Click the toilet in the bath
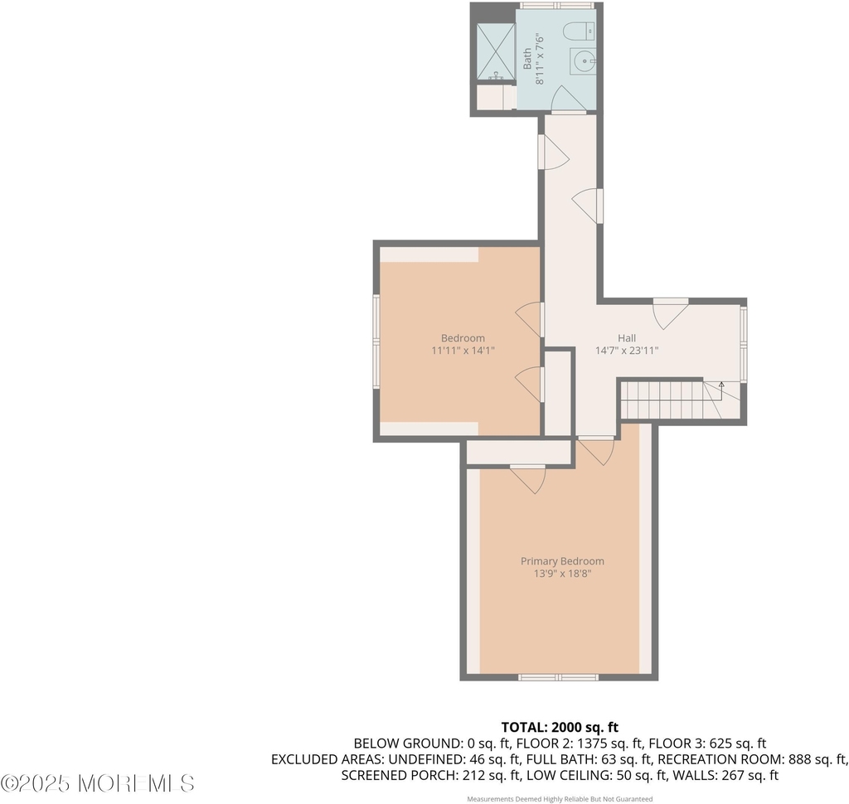580,31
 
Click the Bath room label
527,59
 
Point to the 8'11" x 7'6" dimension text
539,59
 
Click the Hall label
627,338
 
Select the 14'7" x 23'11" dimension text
627,351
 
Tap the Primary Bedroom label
563,561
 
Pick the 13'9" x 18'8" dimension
563,574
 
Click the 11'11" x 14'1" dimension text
463,351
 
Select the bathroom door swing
568,98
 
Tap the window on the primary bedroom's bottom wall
558,677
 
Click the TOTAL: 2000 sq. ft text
560,727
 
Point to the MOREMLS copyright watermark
98,783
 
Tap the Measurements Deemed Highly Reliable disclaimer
560,799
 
